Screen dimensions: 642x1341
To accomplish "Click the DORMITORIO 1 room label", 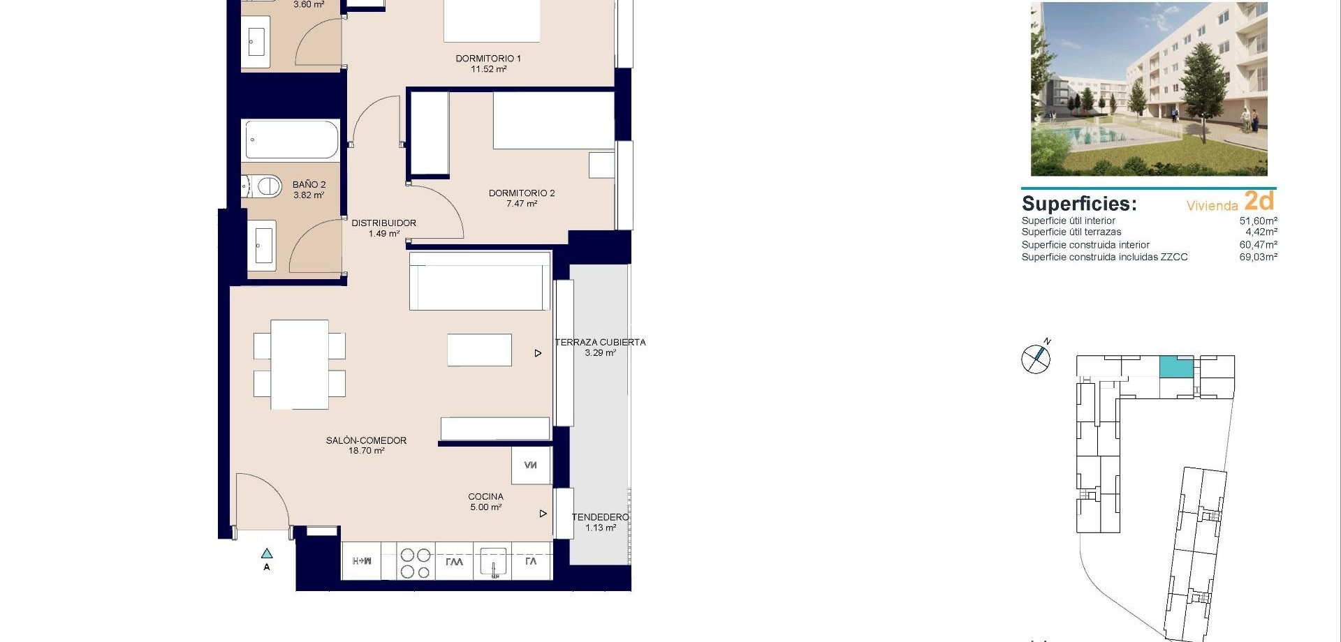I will point(488,59).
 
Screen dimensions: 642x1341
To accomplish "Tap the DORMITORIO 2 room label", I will point(522,193).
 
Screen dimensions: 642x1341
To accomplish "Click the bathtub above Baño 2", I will point(291,140).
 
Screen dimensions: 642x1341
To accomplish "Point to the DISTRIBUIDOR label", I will point(383,223).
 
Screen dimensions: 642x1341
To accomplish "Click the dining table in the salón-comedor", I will point(300,364).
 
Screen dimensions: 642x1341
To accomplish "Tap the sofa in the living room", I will point(479,281).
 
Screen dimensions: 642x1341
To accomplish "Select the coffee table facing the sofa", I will point(479,350).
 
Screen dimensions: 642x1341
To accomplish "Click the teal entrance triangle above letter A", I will point(267,553).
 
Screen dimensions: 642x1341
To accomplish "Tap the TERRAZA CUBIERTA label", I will point(600,342).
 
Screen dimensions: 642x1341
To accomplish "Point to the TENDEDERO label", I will point(600,517).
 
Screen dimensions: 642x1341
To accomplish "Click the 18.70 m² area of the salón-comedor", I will point(367,451).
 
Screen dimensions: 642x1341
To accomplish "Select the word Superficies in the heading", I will point(1078,204).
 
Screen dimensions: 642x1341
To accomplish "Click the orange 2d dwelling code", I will point(1259,201).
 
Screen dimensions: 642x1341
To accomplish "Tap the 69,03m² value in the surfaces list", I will point(1258,257).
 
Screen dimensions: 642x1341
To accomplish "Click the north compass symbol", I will point(1036,359).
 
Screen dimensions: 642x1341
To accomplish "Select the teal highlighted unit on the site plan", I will point(1176,366).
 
